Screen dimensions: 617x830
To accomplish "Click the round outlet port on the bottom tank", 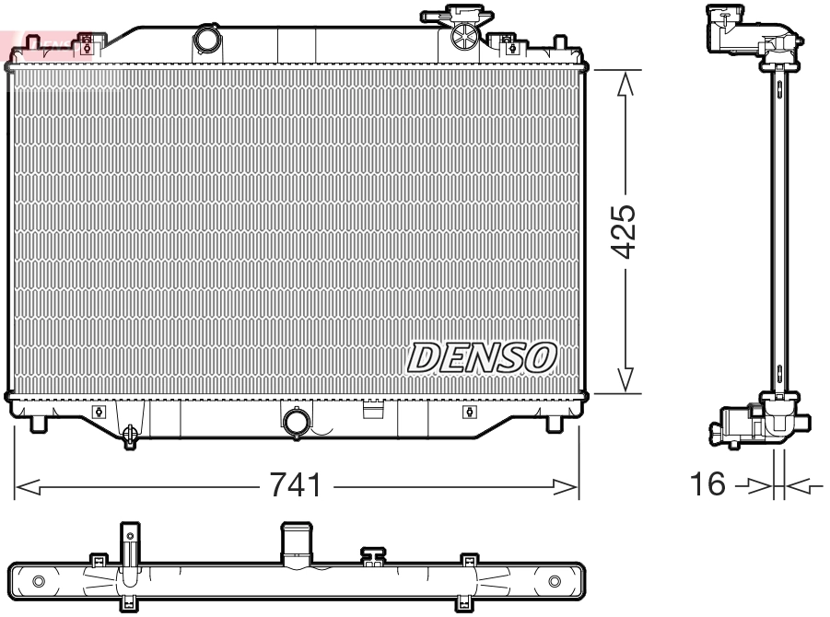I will click(x=298, y=422).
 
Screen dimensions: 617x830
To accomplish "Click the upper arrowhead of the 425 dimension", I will click(x=625, y=83).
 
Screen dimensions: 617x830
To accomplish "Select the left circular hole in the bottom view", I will click(x=38, y=581).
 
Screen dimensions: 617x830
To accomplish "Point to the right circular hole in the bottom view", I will click(x=555, y=581).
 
